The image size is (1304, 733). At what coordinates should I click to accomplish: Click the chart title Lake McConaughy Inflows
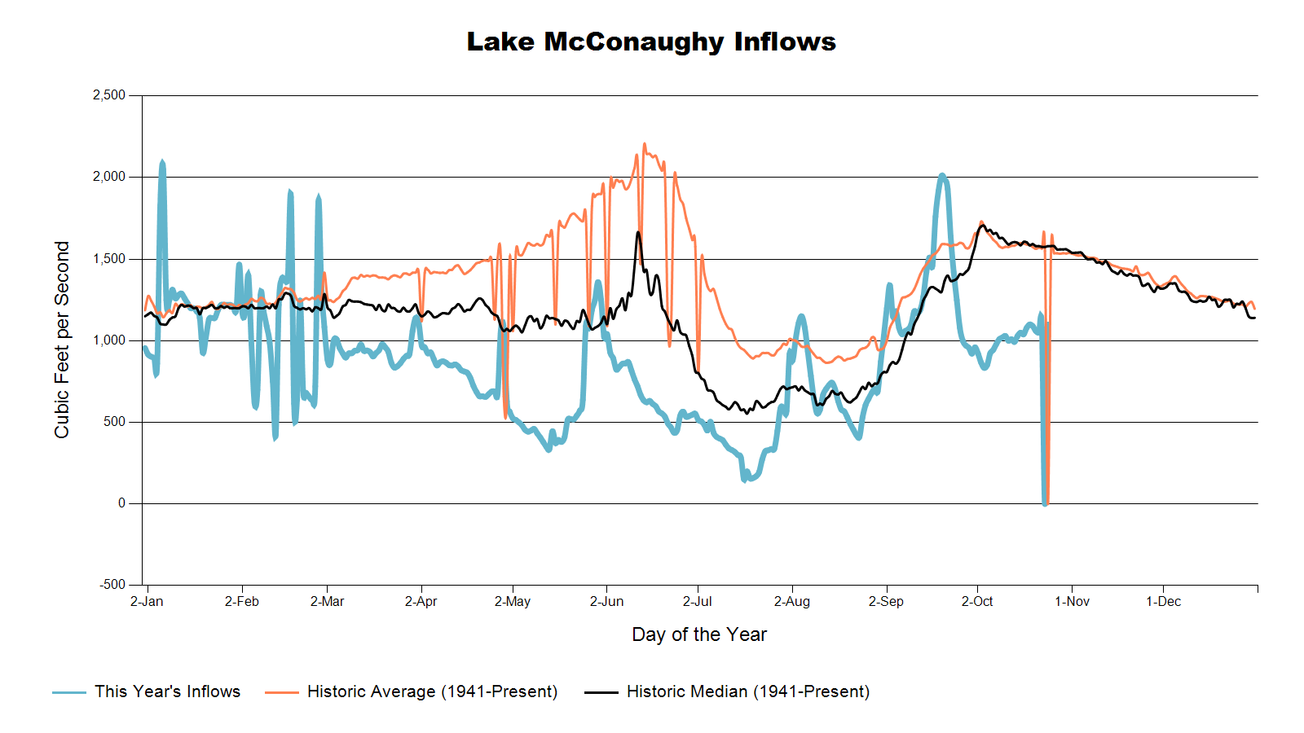(x=651, y=42)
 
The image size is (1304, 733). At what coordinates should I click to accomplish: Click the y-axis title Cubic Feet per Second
(x=62, y=340)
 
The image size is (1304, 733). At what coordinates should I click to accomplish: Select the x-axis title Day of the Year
(x=699, y=634)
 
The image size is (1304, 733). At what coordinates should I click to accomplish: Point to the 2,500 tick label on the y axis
(x=109, y=95)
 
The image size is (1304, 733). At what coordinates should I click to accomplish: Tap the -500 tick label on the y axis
(x=112, y=585)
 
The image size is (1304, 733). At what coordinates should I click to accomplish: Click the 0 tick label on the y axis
(x=121, y=503)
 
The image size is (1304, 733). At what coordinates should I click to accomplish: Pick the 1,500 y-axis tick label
(x=109, y=259)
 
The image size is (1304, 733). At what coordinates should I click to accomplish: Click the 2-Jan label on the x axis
(x=147, y=602)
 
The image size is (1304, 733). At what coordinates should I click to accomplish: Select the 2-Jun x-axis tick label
(x=606, y=602)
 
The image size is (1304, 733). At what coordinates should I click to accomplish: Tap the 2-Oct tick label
(x=977, y=602)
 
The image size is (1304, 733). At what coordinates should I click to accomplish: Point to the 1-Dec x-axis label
(x=1163, y=602)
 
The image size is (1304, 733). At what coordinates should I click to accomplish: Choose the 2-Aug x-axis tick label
(x=791, y=602)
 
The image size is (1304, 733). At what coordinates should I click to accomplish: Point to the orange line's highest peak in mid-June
(x=644, y=144)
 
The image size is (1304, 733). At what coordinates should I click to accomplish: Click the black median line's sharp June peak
(x=638, y=232)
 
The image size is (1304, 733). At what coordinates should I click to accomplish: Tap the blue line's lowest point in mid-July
(x=744, y=480)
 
